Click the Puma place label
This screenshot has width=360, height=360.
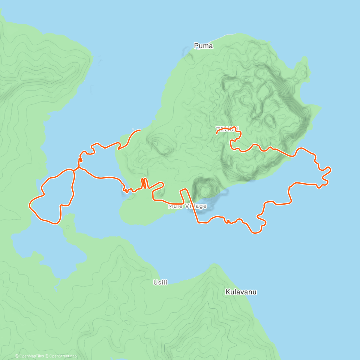coord(203,46)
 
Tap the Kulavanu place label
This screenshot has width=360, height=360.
coord(241,292)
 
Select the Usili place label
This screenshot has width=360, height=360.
coord(160,282)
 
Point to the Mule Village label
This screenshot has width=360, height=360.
coord(187,206)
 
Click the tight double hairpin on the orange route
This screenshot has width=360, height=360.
coord(144,183)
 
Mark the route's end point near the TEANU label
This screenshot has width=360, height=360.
coord(217,132)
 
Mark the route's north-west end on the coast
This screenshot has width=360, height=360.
coord(140,130)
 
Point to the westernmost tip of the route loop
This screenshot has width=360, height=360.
coord(29,205)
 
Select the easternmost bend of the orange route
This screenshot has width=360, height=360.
coord(330,170)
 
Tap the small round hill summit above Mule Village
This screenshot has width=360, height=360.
coord(205,190)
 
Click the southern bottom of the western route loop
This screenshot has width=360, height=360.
coord(55,223)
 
